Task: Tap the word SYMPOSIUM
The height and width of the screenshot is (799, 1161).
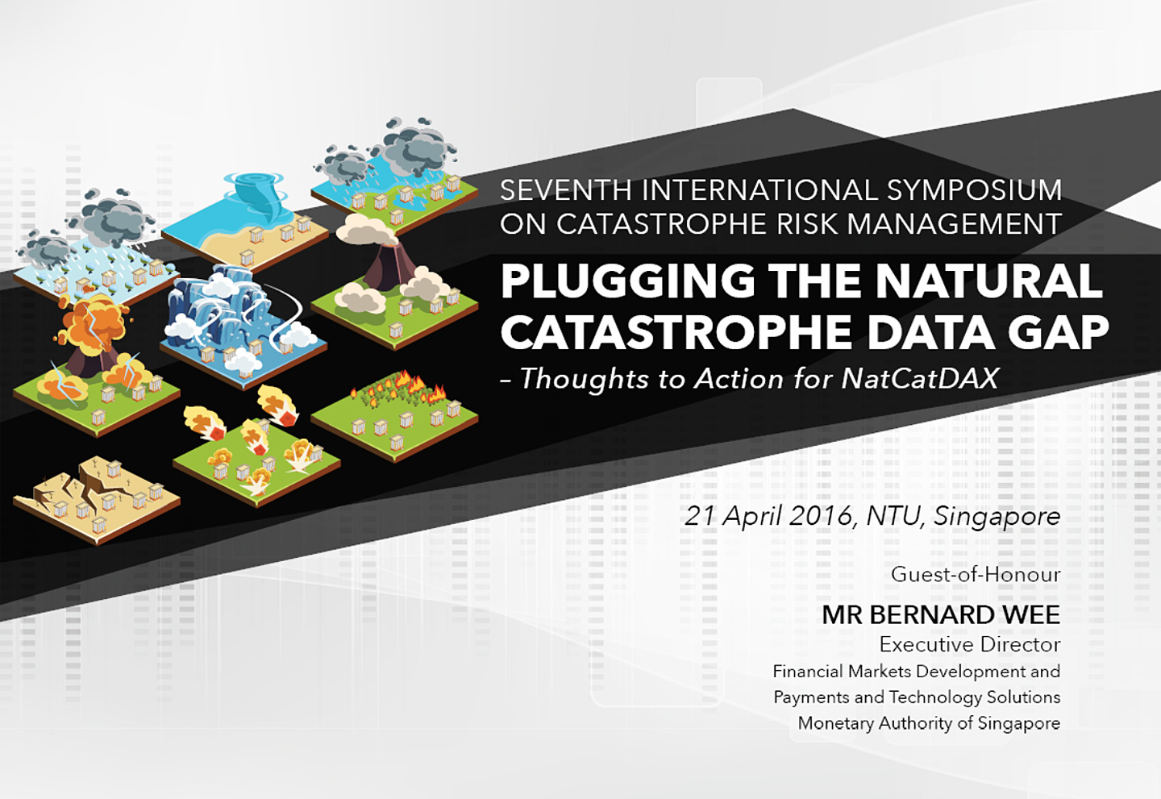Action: (x=975, y=190)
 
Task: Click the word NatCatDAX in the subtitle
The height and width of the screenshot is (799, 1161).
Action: (x=919, y=378)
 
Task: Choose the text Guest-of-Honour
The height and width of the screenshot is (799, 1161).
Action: (x=976, y=575)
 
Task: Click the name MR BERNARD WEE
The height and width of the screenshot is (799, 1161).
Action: (x=941, y=615)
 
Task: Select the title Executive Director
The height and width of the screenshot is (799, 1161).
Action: (x=970, y=645)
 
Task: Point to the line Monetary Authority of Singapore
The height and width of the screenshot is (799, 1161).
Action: (x=929, y=723)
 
